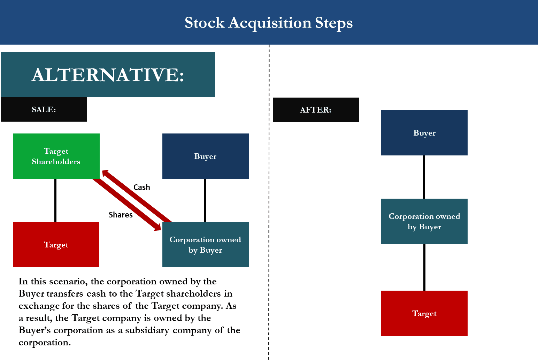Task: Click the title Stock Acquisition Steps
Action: tap(268, 23)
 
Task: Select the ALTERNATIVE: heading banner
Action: tap(108, 75)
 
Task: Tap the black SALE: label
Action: tap(44, 109)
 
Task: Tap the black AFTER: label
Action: tap(316, 110)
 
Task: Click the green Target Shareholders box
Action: tap(56, 156)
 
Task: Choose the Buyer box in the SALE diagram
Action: tap(205, 156)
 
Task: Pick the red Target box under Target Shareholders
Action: tap(56, 245)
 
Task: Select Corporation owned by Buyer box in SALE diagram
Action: tap(205, 245)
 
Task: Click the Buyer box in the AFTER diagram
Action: tap(424, 133)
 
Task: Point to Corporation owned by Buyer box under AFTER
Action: tap(424, 221)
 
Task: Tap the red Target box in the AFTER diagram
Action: tap(424, 313)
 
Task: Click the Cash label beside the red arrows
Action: tap(142, 187)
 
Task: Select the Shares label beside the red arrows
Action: tap(121, 215)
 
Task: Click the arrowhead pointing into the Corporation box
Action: tap(157, 227)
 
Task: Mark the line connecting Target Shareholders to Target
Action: tap(55, 200)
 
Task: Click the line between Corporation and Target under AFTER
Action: tap(424, 267)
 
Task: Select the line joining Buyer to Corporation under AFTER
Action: tap(424, 177)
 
